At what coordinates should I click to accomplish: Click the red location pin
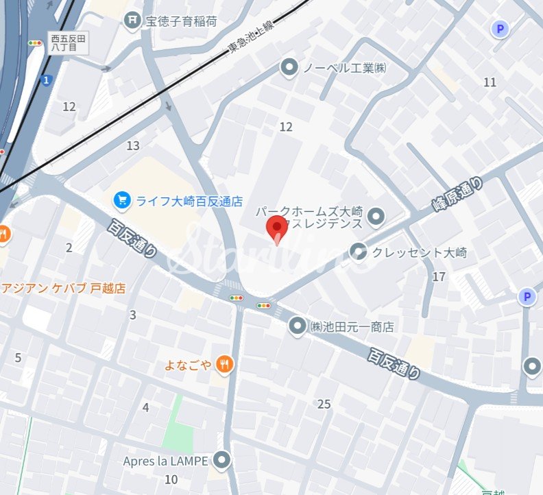(x=276, y=228)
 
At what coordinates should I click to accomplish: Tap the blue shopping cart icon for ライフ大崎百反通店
(x=122, y=200)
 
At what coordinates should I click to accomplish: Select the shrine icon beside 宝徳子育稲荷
(x=132, y=21)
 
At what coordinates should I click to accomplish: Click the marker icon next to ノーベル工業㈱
(x=289, y=67)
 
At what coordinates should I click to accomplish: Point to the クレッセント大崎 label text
(x=420, y=252)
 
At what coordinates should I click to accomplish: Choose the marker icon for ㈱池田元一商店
(x=297, y=327)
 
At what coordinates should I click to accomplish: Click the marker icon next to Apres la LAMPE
(x=221, y=461)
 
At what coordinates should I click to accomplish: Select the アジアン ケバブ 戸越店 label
(x=64, y=288)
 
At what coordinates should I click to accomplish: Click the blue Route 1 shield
(x=46, y=80)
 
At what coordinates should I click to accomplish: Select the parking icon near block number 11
(x=500, y=29)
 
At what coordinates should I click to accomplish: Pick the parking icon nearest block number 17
(x=527, y=297)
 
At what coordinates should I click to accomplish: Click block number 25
(x=324, y=404)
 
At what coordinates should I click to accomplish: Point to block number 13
(x=132, y=145)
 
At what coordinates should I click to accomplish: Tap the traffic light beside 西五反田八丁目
(x=34, y=43)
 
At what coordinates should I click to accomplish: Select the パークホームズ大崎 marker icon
(x=375, y=218)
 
